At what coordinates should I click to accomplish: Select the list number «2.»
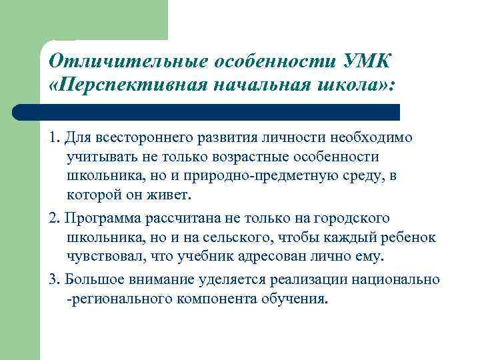[55, 219]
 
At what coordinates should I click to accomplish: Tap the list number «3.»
[55, 279]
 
